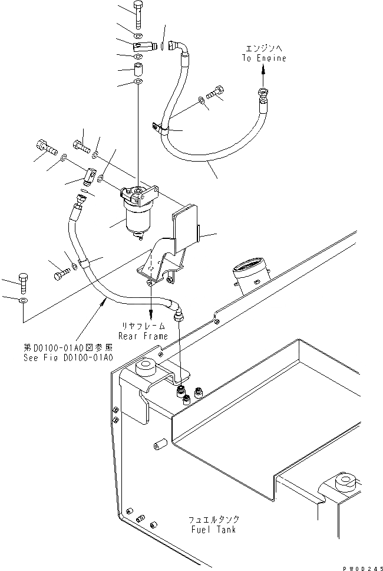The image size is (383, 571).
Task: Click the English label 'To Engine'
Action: (263, 58)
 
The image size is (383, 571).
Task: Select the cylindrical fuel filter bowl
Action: (137, 218)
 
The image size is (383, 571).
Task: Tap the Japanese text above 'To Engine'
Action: (263, 48)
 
